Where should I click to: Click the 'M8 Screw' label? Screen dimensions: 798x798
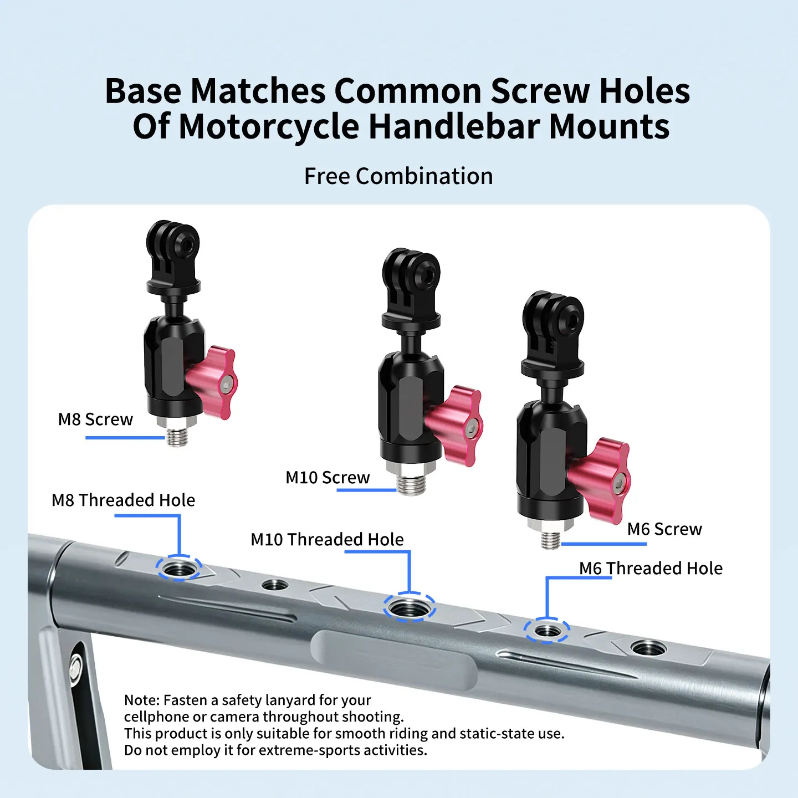(x=95, y=420)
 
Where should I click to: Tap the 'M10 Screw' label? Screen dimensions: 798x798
(x=327, y=478)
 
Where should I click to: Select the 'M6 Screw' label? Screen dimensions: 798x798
(x=664, y=529)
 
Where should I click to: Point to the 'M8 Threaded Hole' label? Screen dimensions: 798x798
(x=123, y=500)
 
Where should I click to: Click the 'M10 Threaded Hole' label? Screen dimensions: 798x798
(x=327, y=539)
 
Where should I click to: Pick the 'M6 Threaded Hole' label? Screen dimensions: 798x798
(x=651, y=568)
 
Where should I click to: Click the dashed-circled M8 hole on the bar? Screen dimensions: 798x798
(x=179, y=568)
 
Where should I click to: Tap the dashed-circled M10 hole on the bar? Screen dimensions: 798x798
(x=409, y=607)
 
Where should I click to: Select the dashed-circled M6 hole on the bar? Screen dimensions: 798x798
(x=546, y=631)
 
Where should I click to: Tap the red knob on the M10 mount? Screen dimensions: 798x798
(x=455, y=427)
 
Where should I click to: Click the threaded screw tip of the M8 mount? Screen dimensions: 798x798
(x=177, y=436)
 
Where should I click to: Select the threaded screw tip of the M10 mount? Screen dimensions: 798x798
(x=411, y=484)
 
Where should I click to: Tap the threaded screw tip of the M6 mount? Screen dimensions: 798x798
(x=550, y=540)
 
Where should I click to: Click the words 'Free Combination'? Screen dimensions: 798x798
(x=398, y=176)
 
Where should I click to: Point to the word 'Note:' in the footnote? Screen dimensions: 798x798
(x=142, y=700)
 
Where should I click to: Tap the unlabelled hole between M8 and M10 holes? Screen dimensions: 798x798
(x=275, y=585)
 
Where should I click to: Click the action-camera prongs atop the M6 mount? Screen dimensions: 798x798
(x=553, y=329)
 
